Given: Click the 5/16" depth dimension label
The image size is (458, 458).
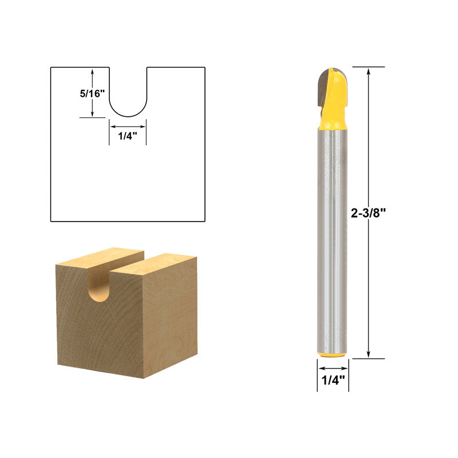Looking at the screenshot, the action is click(92, 94).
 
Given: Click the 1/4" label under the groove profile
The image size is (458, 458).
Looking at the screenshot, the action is click(128, 136).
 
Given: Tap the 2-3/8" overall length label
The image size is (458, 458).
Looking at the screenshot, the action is click(368, 213).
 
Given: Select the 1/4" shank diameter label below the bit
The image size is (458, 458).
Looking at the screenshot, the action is click(333, 380).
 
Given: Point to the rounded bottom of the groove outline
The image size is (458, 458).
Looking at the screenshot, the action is click(128, 116).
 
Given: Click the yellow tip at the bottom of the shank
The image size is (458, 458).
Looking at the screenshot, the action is click(333, 354).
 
